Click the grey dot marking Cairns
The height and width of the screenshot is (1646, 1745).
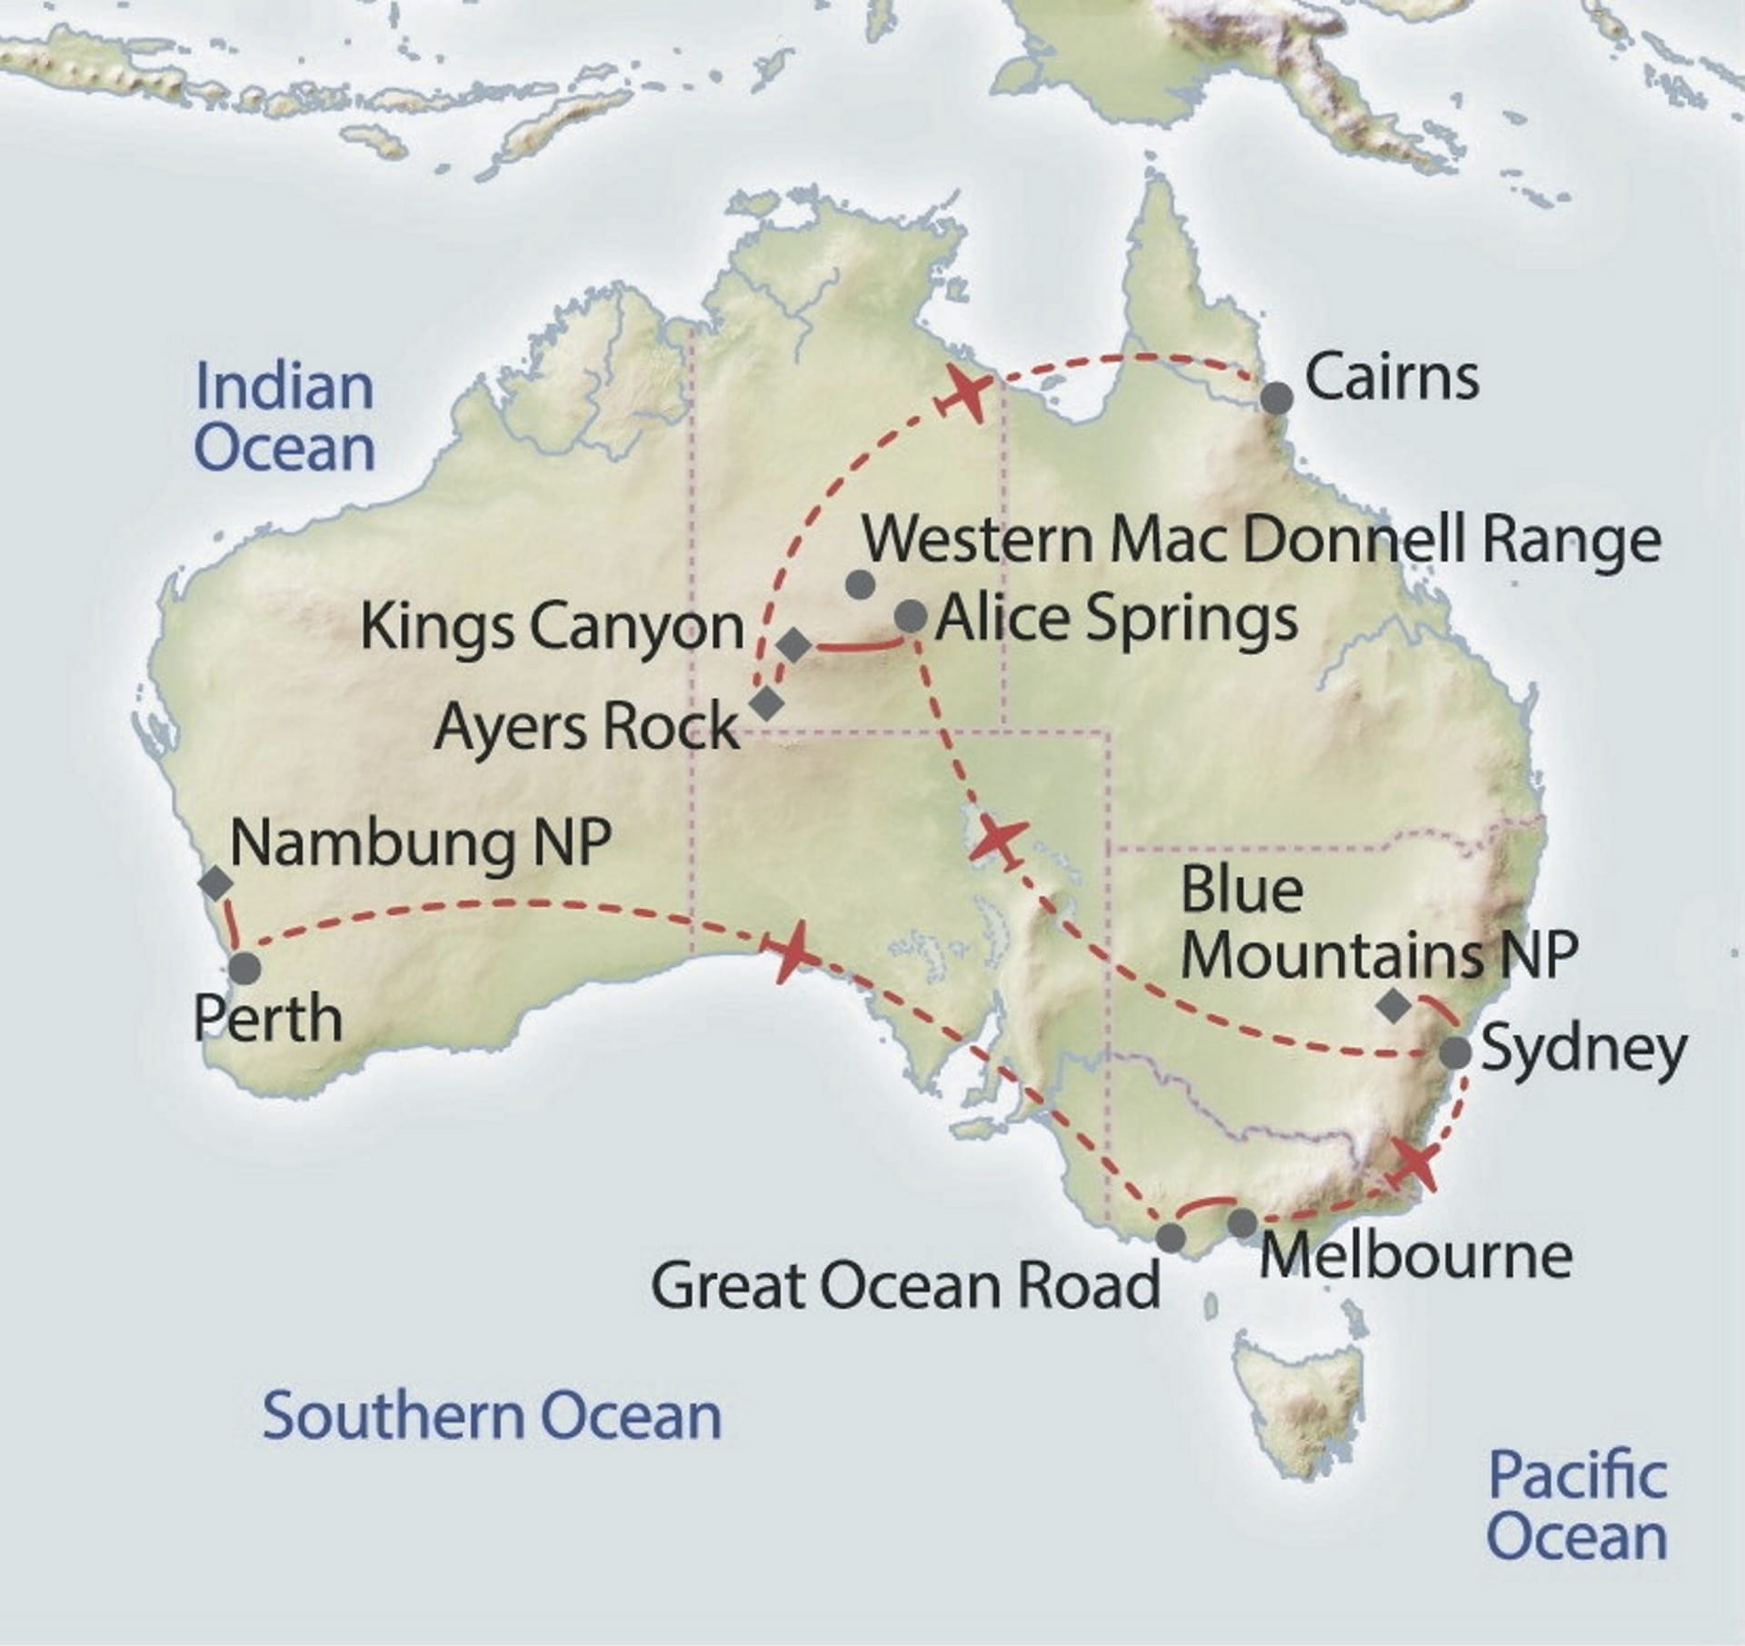tap(1276, 398)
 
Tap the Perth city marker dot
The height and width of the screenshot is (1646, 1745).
tap(244, 968)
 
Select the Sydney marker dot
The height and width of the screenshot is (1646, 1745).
tap(1455, 1052)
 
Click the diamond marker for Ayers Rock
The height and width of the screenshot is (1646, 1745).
tap(767, 703)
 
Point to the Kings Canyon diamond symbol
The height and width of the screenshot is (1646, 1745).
tap(794, 646)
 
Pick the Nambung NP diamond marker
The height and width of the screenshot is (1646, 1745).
tap(215, 883)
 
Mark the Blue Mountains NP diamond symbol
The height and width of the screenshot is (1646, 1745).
tap(1393, 1006)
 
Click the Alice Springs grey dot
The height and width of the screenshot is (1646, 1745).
tap(911, 616)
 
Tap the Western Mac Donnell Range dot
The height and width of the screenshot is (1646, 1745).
tap(860, 584)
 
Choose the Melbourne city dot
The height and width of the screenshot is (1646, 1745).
tap(1242, 1223)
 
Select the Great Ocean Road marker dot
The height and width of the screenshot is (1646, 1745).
tap(1172, 1237)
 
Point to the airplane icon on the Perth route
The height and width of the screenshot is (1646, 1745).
tap(793, 952)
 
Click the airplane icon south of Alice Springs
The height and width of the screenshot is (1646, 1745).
tap(997, 839)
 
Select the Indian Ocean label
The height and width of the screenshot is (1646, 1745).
tap(284, 417)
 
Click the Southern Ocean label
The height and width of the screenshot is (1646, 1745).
tap(492, 1416)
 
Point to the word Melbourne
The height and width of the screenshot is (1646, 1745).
tap(1416, 1256)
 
